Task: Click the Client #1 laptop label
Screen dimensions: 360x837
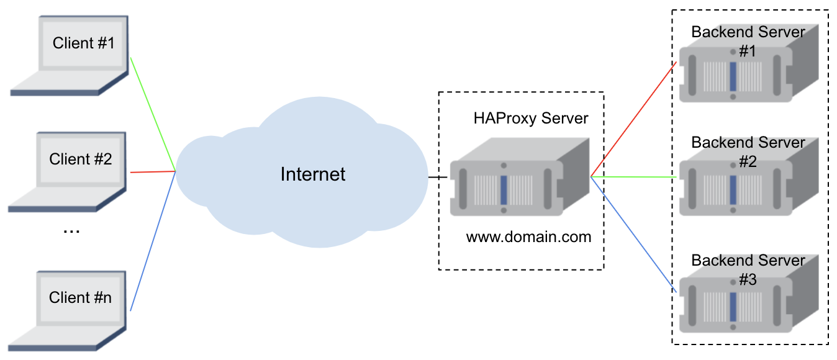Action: [x=84, y=43]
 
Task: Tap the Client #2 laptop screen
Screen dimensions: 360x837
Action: [x=81, y=160]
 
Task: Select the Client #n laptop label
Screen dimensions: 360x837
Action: [x=81, y=297]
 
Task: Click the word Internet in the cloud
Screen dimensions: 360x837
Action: [x=312, y=174]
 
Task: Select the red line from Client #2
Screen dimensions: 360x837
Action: [x=152, y=172]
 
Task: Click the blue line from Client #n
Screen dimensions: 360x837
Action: [x=152, y=242]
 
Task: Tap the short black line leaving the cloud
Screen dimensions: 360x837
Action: [x=438, y=178]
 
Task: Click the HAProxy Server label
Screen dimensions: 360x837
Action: [x=530, y=118]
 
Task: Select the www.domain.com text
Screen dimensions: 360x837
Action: [x=528, y=236]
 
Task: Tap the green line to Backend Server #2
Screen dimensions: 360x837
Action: [x=633, y=177]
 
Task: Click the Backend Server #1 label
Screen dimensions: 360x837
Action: [x=748, y=41]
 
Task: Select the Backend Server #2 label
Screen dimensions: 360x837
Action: [x=748, y=151]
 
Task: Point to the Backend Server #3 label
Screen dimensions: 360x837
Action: [x=748, y=269]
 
